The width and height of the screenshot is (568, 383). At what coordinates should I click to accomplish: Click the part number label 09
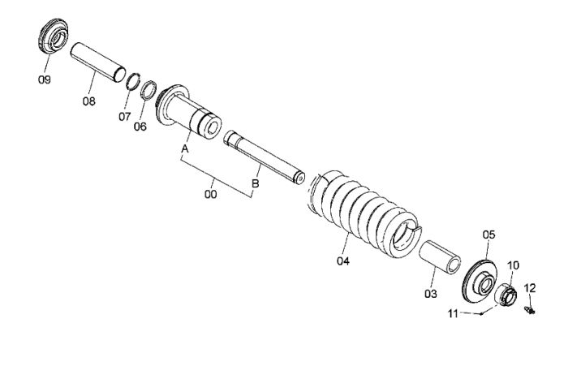tap(44, 80)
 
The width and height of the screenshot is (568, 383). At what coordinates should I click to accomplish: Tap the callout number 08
tap(88, 101)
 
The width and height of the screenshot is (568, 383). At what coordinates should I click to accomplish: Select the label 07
tap(124, 117)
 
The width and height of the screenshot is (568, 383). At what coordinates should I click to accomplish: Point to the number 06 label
tap(140, 127)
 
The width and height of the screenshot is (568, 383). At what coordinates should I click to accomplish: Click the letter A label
tap(185, 148)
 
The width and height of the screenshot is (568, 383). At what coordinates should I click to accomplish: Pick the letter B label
tap(256, 183)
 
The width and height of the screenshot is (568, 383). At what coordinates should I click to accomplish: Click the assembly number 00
tap(210, 194)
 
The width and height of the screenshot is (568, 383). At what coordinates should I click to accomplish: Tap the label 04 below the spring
tap(343, 261)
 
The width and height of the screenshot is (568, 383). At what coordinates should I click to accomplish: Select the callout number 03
tap(431, 294)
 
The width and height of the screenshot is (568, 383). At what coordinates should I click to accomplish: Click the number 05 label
tap(488, 235)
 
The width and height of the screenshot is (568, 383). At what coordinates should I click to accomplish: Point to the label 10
tap(513, 265)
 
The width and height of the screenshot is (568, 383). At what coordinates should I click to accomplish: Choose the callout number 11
tap(453, 314)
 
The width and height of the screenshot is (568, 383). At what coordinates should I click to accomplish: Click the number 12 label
tap(530, 288)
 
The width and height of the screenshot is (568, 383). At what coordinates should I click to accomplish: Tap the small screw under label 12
tap(530, 310)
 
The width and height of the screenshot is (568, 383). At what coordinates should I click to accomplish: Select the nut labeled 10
tap(505, 295)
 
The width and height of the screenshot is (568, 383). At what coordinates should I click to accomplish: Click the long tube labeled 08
tap(98, 62)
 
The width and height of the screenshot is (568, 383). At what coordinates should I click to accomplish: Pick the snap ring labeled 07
tap(133, 81)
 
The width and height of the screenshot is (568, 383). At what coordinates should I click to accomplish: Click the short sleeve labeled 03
tap(440, 256)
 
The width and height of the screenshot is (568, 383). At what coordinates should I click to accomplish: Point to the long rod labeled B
tap(264, 157)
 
